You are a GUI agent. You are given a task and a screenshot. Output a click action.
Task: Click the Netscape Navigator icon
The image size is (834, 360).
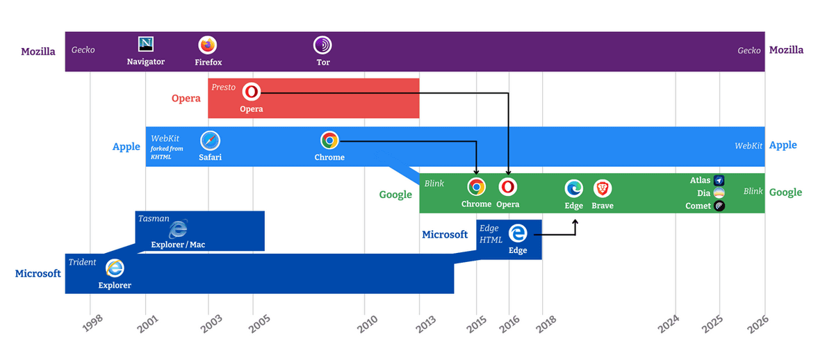tap(146, 44)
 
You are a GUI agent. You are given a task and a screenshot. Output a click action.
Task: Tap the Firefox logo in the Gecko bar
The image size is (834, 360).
tap(208, 44)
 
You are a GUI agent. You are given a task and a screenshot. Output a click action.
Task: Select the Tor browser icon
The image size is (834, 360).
tap(322, 45)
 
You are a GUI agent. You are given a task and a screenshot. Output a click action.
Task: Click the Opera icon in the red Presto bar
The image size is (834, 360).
tap(251, 92)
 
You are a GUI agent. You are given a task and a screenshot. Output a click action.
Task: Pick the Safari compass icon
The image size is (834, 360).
tap(210, 140)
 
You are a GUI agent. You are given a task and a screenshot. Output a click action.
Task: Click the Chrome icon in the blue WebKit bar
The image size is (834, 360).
tap(329, 140)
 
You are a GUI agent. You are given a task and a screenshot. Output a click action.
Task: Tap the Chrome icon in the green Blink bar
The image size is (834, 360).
tap(476, 187)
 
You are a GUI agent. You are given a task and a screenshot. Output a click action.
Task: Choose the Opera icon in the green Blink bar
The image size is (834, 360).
tap(508, 187)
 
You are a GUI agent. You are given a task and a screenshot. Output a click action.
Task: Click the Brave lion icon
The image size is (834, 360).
tap(602, 188)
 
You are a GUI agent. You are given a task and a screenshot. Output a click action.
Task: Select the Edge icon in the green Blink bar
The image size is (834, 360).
tap(573, 188)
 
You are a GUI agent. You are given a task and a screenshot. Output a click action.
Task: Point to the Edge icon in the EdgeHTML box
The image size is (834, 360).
tap(518, 233)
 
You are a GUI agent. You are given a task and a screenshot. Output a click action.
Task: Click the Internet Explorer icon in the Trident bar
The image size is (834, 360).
tap(115, 268)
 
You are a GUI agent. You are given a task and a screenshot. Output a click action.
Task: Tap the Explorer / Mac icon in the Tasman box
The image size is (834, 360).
tap(179, 228)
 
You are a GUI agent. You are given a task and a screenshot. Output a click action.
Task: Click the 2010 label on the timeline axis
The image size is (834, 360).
tap(367, 323)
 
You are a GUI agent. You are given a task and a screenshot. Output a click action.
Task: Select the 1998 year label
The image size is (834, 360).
tap(92, 323)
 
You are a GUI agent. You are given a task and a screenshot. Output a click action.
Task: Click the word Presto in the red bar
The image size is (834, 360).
tap(224, 87)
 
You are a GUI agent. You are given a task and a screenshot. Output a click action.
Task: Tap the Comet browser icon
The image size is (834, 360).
tap(719, 206)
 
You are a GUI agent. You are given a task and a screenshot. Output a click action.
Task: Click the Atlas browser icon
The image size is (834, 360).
tap(719, 180)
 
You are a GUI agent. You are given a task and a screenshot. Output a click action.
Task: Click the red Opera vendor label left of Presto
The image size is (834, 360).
tap(186, 98)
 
